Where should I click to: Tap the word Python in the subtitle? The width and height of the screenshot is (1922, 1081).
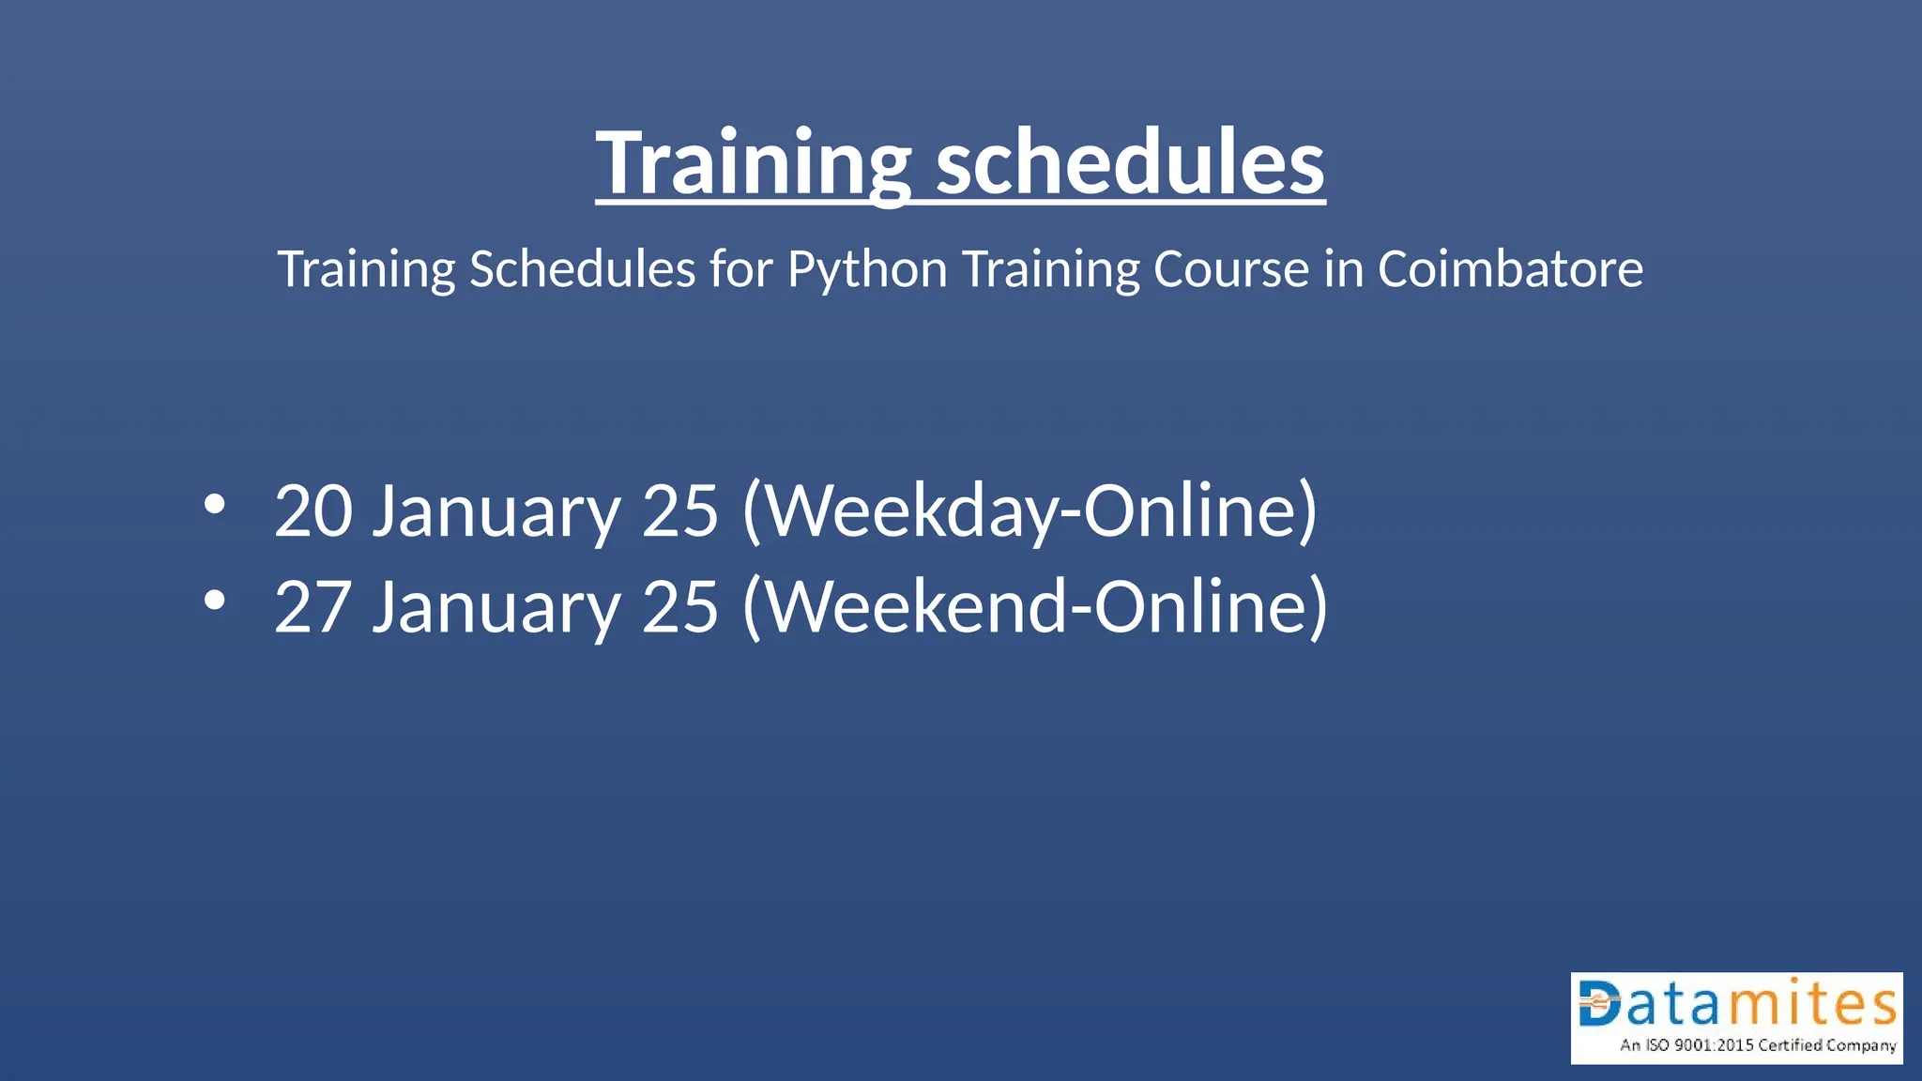(x=867, y=269)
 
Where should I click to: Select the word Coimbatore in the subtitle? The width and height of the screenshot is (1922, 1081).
(x=1510, y=269)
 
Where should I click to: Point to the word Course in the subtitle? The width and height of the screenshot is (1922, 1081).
(x=1230, y=269)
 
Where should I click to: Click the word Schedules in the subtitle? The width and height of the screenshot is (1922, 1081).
(x=582, y=269)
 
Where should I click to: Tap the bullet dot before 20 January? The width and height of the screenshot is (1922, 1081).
(x=215, y=505)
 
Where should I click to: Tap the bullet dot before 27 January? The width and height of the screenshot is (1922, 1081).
(x=215, y=601)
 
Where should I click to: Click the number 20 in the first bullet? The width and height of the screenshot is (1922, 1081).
(x=313, y=510)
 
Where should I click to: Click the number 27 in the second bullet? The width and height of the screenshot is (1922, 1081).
(x=313, y=606)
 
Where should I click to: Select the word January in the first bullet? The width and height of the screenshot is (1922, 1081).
(x=496, y=512)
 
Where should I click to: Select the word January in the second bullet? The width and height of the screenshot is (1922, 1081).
(x=496, y=608)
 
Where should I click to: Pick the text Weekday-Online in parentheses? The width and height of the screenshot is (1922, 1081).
(x=1029, y=510)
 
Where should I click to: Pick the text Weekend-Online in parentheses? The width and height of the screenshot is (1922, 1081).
(x=1034, y=606)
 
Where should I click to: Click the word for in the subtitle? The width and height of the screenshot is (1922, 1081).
(x=740, y=269)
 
